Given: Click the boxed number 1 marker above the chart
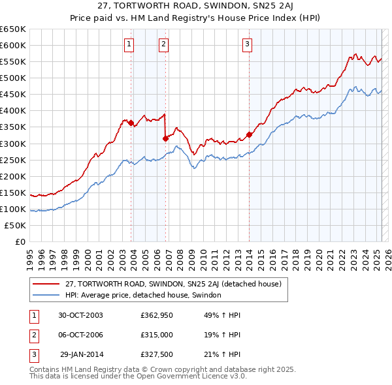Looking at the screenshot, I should [x=129, y=44].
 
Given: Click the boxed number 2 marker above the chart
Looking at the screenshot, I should [x=163, y=44].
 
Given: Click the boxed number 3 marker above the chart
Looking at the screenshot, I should [x=248, y=44].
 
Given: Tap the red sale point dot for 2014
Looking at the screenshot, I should [x=249, y=135].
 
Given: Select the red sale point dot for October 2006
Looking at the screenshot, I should [x=165, y=138].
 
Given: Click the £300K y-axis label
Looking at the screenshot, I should [x=14, y=144].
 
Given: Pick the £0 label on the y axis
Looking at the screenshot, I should [x=20, y=241].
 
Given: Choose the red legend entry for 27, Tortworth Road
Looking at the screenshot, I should [x=172, y=285].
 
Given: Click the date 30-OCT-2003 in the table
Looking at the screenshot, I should [x=80, y=315].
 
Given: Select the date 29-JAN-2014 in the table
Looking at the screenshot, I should [x=81, y=354].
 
